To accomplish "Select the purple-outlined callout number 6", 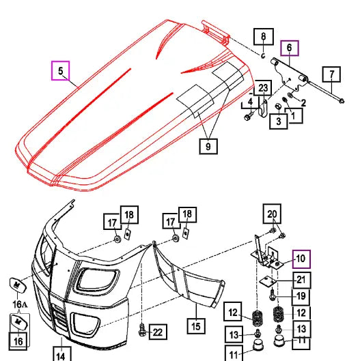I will click(x=288, y=48).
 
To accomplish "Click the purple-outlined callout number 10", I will click(x=300, y=259).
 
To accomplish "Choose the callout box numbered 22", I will click(x=157, y=332).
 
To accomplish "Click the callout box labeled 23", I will click(x=264, y=87).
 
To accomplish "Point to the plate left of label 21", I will click(x=269, y=281).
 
